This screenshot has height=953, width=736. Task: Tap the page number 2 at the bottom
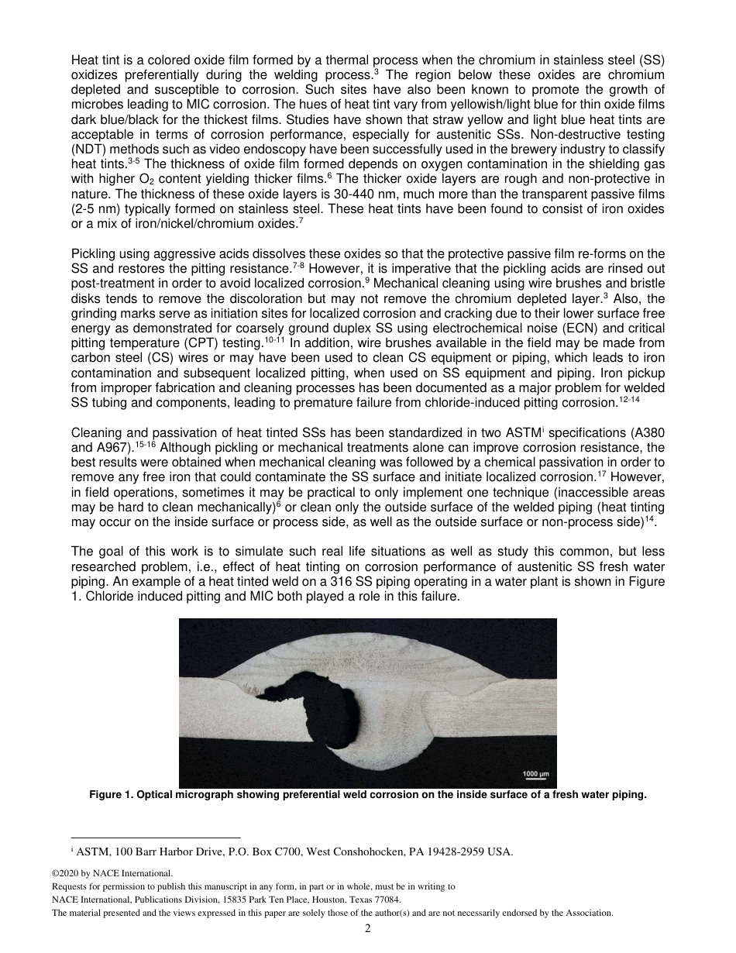click(368, 928)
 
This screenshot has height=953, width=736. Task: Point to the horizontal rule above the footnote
click(155, 838)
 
